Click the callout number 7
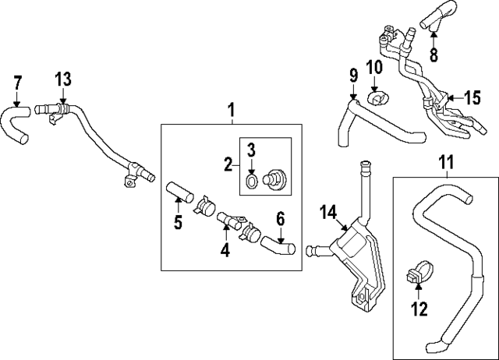(x=19, y=81)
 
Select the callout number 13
(x=63, y=78)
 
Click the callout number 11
(x=445, y=163)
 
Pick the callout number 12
(x=419, y=309)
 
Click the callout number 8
(x=434, y=55)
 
